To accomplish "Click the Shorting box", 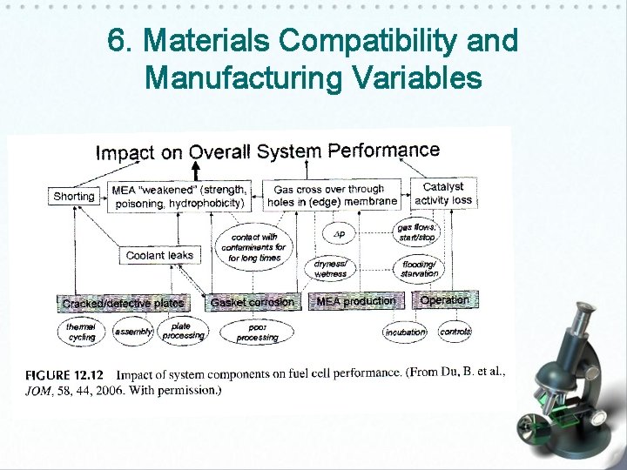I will pyautogui.click(x=74, y=197).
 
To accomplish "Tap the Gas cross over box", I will pyautogui.click(x=332, y=195).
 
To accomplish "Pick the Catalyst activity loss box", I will pyautogui.click(x=443, y=193).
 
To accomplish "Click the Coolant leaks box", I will pyautogui.click(x=158, y=255).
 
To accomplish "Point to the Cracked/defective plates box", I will pyautogui.click(x=123, y=304).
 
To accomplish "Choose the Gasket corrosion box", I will pyautogui.click(x=253, y=303).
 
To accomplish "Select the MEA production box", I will pyautogui.click(x=355, y=301).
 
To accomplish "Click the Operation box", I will pyautogui.click(x=444, y=300).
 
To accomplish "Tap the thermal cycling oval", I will pyautogui.click(x=82, y=332).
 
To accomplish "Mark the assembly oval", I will pyautogui.click(x=134, y=332).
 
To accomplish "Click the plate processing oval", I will pyautogui.click(x=182, y=331).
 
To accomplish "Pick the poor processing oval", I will pyautogui.click(x=257, y=332).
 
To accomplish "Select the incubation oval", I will pyautogui.click(x=405, y=332).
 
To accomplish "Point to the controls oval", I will pyautogui.click(x=455, y=332).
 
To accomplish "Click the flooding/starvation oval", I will pyautogui.click(x=420, y=268).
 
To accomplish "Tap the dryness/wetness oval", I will pyautogui.click(x=330, y=268).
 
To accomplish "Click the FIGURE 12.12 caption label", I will pyautogui.click(x=65, y=375).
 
